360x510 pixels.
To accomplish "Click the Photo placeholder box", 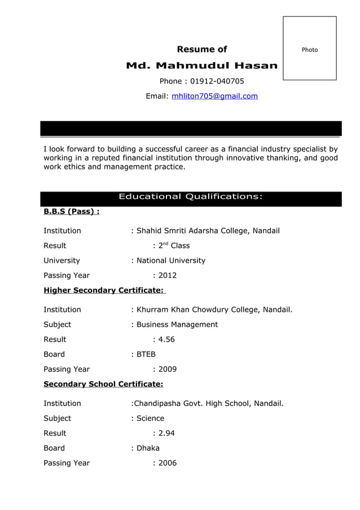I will [x=309, y=49].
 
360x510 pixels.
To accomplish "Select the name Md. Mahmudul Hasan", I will [x=201, y=66].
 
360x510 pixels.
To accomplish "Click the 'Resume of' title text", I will [x=202, y=49].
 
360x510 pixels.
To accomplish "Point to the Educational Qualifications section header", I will [x=190, y=197].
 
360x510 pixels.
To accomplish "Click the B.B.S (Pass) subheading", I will [x=72, y=212].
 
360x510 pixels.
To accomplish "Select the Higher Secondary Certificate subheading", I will [x=104, y=290].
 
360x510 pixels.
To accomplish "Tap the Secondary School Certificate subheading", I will [x=103, y=384].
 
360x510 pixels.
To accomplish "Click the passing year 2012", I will [x=167, y=276].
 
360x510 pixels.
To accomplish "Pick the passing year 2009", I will [x=167, y=369].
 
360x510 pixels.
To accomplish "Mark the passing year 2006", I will [x=167, y=463].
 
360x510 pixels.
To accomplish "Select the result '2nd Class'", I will [x=174, y=246].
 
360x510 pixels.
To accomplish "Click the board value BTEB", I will [x=146, y=355].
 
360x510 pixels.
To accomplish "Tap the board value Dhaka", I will [x=148, y=448].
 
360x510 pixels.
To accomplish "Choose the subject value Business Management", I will [x=177, y=325].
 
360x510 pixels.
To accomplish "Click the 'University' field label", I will [x=62, y=261].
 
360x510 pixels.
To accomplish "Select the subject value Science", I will [x=151, y=419].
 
